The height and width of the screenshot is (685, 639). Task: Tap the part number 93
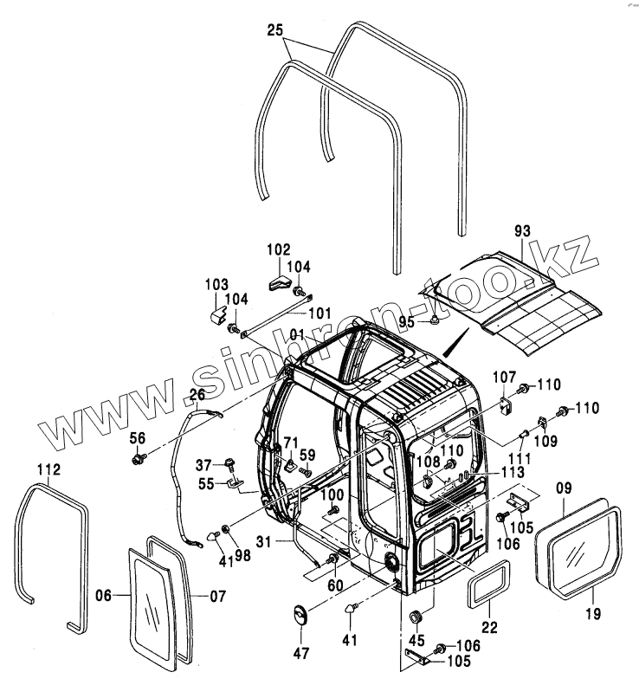pos(521,231)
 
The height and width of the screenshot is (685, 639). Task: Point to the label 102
pos(278,249)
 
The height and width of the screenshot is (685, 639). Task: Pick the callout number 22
pos(488,628)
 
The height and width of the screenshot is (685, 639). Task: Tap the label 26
pos(197,396)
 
